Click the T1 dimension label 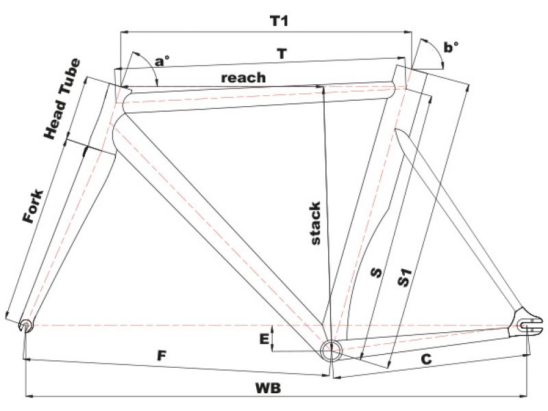[x=278, y=21]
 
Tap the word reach [x=242, y=77]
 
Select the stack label [x=314, y=223]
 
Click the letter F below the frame [x=162, y=356]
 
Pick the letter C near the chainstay [x=425, y=358]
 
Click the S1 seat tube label [x=406, y=279]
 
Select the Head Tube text [x=62, y=99]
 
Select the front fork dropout [x=25, y=323]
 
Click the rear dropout [x=526, y=322]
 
